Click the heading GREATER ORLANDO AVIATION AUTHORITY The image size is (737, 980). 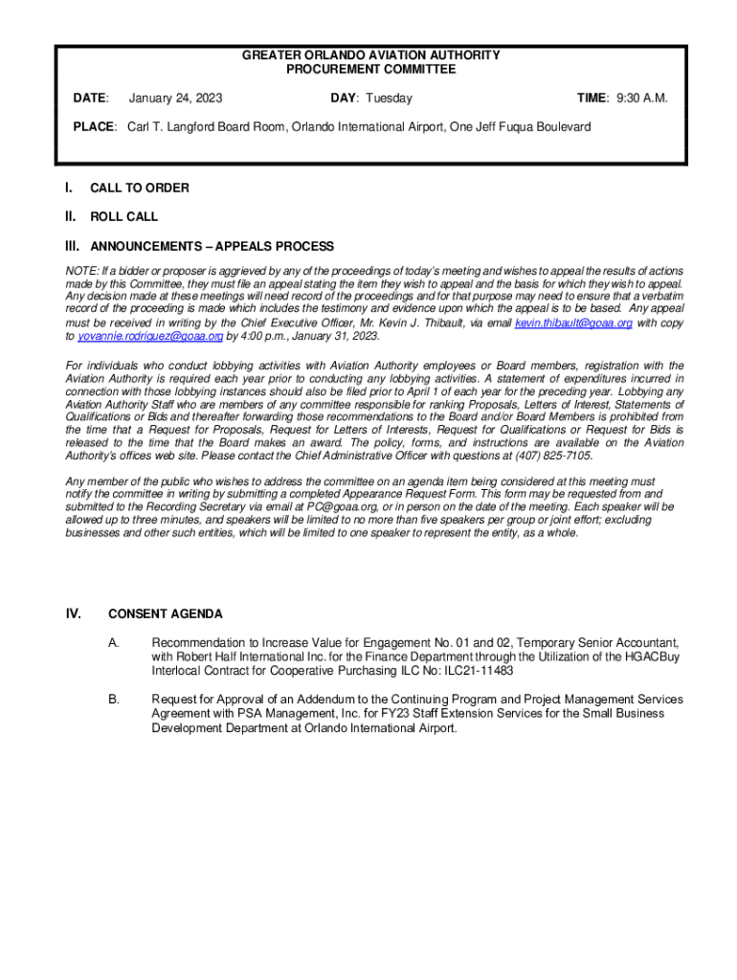[370, 56]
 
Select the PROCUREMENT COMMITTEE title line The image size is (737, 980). [370, 70]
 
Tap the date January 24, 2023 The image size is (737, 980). [175, 99]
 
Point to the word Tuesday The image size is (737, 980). [388, 99]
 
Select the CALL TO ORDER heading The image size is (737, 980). [139, 189]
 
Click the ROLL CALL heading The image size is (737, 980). [123, 217]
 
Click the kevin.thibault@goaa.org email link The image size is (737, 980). [573, 323]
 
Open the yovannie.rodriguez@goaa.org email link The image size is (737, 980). [150, 337]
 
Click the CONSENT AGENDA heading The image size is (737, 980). [165, 614]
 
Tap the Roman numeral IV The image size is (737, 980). [73, 614]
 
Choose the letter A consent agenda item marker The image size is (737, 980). [114, 642]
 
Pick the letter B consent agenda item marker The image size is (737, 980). [114, 700]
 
